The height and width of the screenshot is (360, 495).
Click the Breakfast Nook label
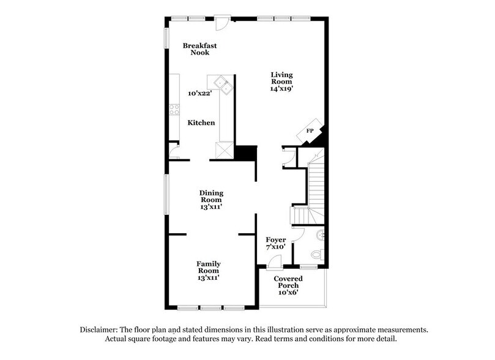pos(199,49)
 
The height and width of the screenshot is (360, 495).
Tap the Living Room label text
pos(282,78)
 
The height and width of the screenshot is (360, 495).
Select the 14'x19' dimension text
pos(282,88)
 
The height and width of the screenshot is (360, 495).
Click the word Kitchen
pos(201,123)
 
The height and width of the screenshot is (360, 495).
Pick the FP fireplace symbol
pos(310,131)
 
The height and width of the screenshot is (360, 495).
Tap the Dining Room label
pos(210,196)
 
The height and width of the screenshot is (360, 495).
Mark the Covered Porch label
pos(288,282)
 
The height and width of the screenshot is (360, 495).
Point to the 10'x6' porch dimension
pos(288,293)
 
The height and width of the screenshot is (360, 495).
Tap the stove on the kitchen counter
pos(174,110)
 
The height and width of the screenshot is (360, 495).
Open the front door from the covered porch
pos(274,262)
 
